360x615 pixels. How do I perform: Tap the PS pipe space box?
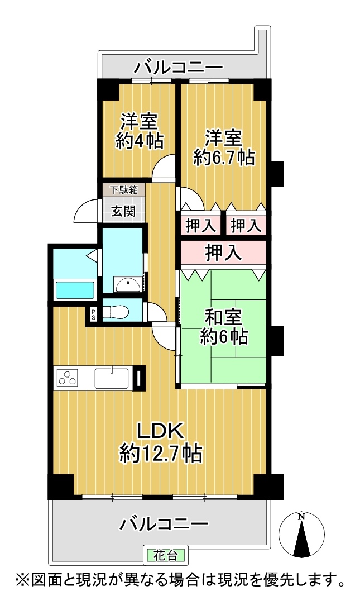coord(94,313)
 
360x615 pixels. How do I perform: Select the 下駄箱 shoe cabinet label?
coord(123,190)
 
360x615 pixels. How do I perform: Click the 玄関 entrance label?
coord(123,211)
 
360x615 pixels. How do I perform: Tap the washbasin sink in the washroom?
coord(127,284)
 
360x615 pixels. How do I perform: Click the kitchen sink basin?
coord(112,378)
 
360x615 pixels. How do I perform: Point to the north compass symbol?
coord(301,533)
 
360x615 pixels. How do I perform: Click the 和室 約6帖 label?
coord(224,326)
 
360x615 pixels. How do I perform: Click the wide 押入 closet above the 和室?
coord(223,252)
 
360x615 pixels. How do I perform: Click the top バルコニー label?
coord(179,68)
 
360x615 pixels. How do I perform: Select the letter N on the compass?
coord(301,517)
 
